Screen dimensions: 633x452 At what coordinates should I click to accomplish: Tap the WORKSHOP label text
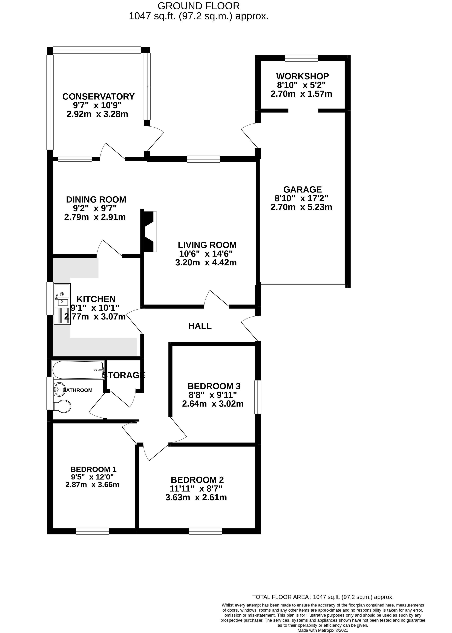tap(302, 76)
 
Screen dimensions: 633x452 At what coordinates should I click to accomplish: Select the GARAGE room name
tap(302, 190)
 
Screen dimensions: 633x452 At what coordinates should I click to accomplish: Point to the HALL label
tap(200, 326)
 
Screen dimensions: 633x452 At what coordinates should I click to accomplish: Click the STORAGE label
tap(124, 375)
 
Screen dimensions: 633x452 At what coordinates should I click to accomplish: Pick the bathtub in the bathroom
tap(78, 370)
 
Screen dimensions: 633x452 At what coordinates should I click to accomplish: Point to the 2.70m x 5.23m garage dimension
tap(301, 207)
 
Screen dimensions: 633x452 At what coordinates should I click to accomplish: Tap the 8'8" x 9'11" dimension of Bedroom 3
tap(212, 395)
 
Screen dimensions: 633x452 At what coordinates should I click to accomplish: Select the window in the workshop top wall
tap(301, 58)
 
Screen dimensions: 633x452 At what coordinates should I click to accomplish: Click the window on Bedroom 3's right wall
tap(258, 397)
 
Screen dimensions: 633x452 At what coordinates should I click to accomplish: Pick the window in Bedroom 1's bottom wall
tap(92, 531)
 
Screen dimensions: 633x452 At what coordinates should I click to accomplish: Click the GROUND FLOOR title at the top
tap(198, 6)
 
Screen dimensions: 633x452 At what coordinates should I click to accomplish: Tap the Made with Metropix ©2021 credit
tap(323, 630)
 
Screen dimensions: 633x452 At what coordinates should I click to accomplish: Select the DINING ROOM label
tap(96, 200)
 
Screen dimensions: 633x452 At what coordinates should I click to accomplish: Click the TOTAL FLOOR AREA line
tap(323, 597)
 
